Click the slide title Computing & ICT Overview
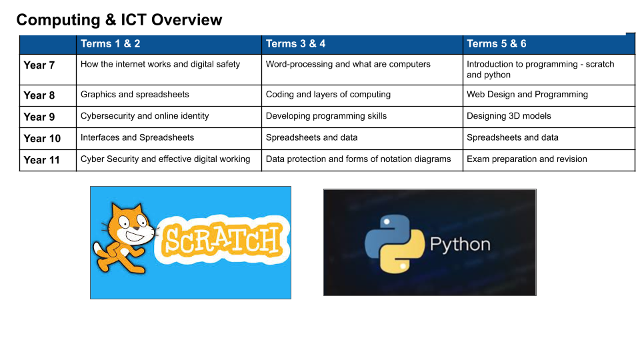tap(119, 20)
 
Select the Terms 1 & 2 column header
tap(110, 44)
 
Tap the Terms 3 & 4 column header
tap(295, 44)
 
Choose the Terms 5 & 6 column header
tap(496, 44)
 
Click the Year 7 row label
tap(39, 65)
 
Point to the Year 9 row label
tap(39, 117)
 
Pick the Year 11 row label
tap(41, 160)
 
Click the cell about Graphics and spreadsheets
tap(135, 95)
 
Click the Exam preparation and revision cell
tap(527, 159)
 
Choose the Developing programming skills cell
tap(326, 116)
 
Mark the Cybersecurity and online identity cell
tap(145, 116)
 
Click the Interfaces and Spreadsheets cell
tap(137, 138)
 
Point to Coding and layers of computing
tap(328, 95)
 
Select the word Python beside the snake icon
tap(460, 244)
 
